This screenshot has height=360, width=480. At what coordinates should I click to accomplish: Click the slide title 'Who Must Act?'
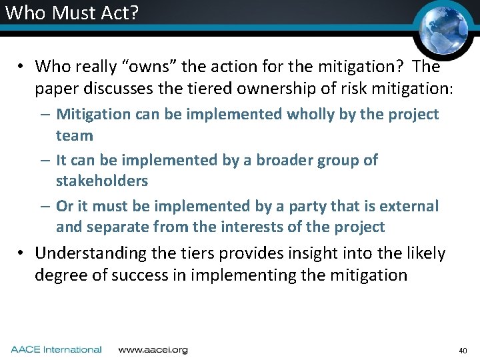point(69,13)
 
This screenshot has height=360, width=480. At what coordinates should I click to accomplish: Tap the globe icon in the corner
point(442,27)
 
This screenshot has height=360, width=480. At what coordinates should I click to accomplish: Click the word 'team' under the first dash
point(74,135)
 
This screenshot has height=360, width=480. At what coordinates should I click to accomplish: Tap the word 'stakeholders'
point(102,181)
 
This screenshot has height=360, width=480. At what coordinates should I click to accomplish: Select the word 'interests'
point(250,227)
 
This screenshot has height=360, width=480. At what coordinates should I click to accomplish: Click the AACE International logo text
point(56,349)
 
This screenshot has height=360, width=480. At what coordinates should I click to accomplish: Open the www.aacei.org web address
point(153,349)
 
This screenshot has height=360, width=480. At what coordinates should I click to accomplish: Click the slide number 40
point(463,350)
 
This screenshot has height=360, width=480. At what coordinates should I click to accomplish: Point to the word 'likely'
point(424,253)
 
